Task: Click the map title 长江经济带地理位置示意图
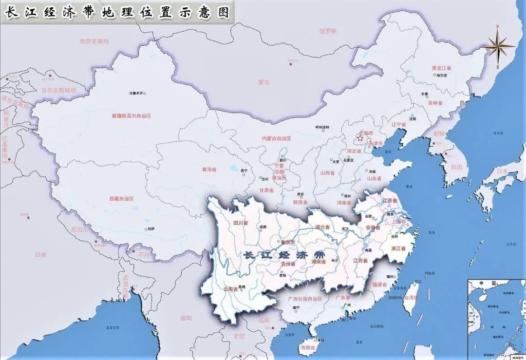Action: click(x=117, y=12)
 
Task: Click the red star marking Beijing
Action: click(x=360, y=138)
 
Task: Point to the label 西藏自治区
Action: click(x=121, y=199)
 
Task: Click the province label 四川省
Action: click(x=241, y=223)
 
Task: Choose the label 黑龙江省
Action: click(x=441, y=68)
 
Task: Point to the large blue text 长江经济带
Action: click(x=284, y=255)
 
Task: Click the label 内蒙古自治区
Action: click(x=276, y=138)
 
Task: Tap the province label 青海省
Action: click(x=209, y=170)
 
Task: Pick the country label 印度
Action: click(x=40, y=255)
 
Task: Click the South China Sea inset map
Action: click(x=496, y=319)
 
